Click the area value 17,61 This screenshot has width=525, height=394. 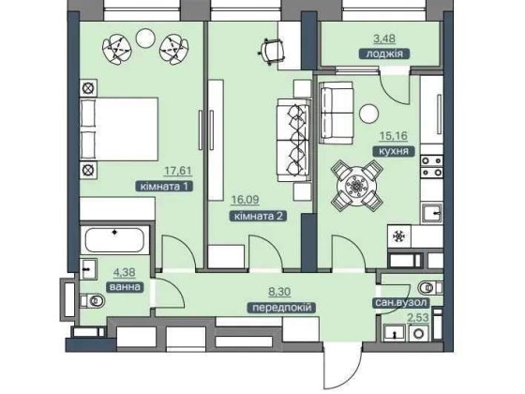(x=178, y=171)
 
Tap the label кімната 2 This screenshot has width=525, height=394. (x=259, y=216)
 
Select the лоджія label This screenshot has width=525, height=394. (x=384, y=53)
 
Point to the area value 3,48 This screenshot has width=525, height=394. (x=384, y=38)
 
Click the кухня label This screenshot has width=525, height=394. (x=394, y=151)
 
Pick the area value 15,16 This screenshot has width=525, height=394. (x=394, y=136)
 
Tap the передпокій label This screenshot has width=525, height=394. (x=281, y=308)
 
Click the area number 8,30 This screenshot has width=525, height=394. (x=279, y=292)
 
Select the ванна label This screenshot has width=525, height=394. (x=125, y=287)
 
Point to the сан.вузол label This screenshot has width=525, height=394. (x=401, y=302)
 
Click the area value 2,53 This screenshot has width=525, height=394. (x=418, y=317)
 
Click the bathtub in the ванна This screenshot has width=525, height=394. (x=114, y=239)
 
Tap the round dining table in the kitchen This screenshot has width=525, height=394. (x=356, y=187)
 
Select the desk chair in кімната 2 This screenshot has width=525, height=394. (x=272, y=51)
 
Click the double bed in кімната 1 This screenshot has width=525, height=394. (x=119, y=129)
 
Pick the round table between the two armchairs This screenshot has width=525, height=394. (x=145, y=38)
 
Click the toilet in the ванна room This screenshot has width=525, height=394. (x=93, y=300)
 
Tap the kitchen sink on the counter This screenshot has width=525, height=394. (x=432, y=213)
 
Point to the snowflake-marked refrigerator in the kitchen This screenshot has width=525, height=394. (x=399, y=236)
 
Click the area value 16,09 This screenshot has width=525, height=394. (x=245, y=200)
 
